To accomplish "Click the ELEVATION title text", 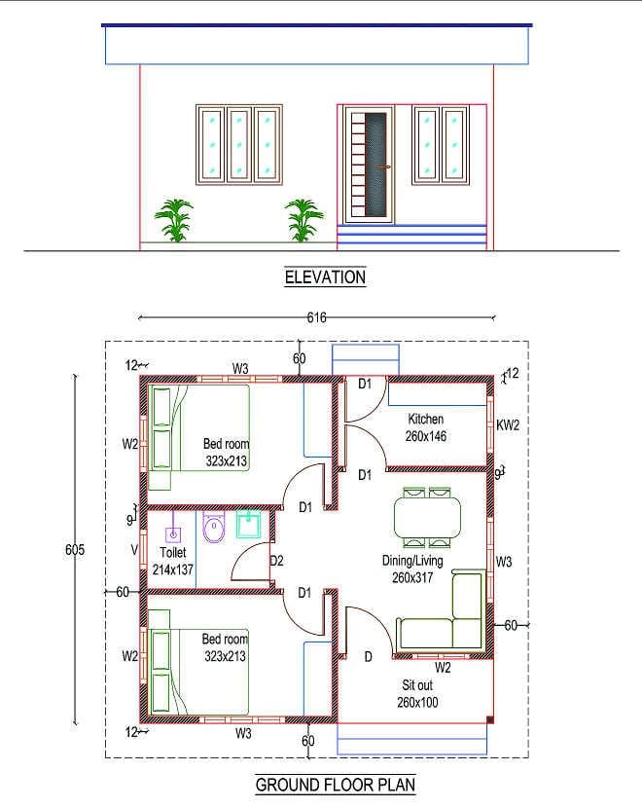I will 325,277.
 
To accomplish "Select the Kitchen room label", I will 426,420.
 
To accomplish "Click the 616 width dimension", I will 316,317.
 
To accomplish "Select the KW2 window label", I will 508,425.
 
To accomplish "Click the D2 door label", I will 276,561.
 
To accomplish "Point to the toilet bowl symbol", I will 213,529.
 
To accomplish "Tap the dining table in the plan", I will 429,516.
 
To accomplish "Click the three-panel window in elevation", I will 238,145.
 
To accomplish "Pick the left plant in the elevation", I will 174,219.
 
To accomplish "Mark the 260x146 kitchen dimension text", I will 426,436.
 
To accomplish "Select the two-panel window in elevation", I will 440,145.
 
